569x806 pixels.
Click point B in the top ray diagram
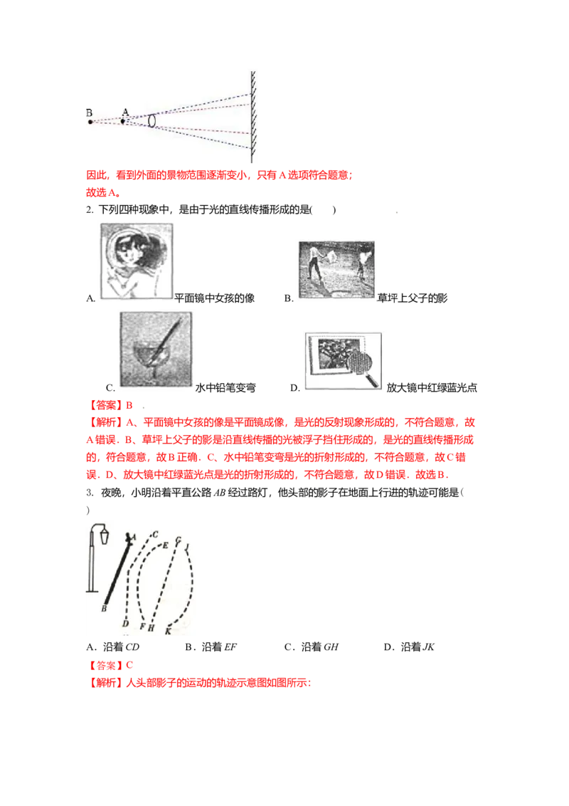pyautogui.click(x=90, y=122)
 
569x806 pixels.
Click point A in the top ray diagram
pyautogui.click(x=122, y=122)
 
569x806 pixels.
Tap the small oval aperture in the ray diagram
pyautogui.click(x=152, y=120)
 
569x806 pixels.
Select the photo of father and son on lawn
pyautogui.click(x=336, y=270)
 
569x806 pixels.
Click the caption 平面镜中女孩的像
pyautogui.click(x=215, y=298)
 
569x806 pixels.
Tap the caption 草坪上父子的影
pyautogui.click(x=413, y=298)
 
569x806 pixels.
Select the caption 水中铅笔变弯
pyautogui.click(x=225, y=387)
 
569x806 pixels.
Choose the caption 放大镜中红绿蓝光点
pyautogui.click(x=432, y=387)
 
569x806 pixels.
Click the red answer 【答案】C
pyautogui.click(x=110, y=665)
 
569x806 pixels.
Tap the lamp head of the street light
pyautogui.click(x=105, y=535)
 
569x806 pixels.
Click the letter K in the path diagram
pyautogui.click(x=168, y=632)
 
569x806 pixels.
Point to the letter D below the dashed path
pyautogui.click(x=125, y=624)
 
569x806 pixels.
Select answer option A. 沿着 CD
pyautogui.click(x=113, y=647)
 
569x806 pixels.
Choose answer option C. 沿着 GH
pyautogui.click(x=312, y=647)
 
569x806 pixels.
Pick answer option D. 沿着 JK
pyautogui.click(x=409, y=647)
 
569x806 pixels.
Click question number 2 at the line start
pyautogui.click(x=90, y=210)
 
